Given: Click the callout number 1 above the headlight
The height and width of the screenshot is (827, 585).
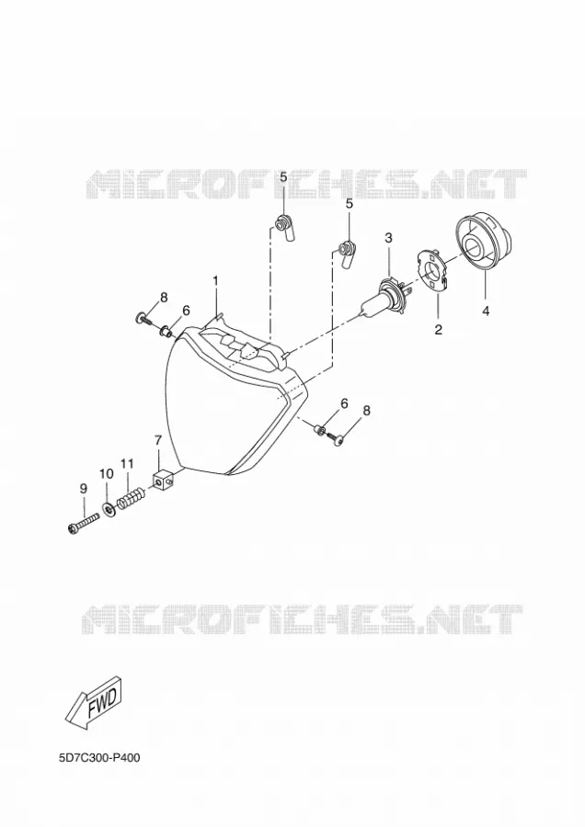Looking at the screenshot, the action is pos(215,281).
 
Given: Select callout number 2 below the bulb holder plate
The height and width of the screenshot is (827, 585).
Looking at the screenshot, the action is pos(438,330).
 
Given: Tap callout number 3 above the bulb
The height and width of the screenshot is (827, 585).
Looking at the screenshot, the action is pos(388,237).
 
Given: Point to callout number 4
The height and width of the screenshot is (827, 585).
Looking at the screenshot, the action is pos(486,312).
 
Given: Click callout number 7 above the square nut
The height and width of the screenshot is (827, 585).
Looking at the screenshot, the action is pos(157,440).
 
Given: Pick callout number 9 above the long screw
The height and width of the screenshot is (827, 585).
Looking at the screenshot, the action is pos(84,489).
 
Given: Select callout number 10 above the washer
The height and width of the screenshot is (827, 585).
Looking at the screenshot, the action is pos(106,473).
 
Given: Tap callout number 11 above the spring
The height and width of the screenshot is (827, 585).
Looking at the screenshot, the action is pos(127,464).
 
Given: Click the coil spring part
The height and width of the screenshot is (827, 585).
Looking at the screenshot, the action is pos(130,499).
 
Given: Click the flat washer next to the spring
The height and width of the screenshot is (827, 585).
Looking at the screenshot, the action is pos(109,510).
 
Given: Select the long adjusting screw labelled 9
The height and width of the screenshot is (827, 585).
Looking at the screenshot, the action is pos(84,523).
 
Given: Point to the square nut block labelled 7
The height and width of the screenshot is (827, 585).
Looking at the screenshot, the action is pos(163,480).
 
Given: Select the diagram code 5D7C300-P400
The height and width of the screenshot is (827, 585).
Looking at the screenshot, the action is pos(99,758).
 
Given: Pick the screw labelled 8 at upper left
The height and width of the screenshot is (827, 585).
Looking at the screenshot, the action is pos(143,319).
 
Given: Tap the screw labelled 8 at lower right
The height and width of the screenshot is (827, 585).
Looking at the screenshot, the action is pos(336,437).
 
